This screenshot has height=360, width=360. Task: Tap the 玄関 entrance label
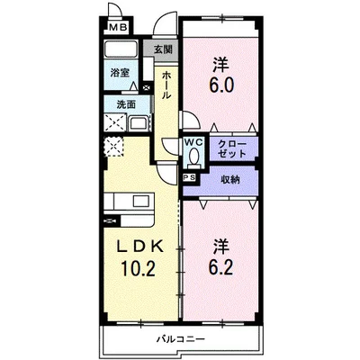(x=162, y=49)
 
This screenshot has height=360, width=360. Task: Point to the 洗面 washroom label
(x=119, y=104)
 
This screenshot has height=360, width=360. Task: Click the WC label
(x=193, y=142)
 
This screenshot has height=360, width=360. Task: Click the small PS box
(x=188, y=178)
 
